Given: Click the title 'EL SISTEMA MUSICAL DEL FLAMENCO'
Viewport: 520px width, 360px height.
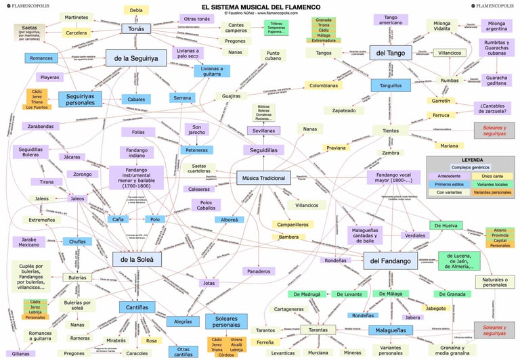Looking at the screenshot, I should (x=260, y=6).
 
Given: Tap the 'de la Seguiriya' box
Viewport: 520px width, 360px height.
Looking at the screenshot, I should (x=135, y=58).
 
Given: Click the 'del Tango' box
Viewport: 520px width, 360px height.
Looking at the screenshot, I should (x=391, y=53).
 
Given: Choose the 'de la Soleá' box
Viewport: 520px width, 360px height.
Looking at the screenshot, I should (x=137, y=258).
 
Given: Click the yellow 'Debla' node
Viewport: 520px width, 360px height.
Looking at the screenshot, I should (x=136, y=10).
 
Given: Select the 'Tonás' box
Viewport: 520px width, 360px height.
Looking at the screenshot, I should (x=136, y=29).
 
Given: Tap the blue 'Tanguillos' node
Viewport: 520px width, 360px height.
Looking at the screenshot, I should (x=391, y=86).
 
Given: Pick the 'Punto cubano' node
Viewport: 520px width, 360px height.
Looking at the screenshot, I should (x=273, y=56).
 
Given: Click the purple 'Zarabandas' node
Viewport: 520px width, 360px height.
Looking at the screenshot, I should (x=41, y=127).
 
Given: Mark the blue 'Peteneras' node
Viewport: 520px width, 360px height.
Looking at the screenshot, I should (x=197, y=150).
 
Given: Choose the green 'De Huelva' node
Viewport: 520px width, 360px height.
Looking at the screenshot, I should (x=446, y=225).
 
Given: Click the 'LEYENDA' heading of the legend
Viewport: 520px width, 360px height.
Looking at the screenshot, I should (x=472, y=160).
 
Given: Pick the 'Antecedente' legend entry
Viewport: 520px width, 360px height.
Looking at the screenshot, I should (x=450, y=176).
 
